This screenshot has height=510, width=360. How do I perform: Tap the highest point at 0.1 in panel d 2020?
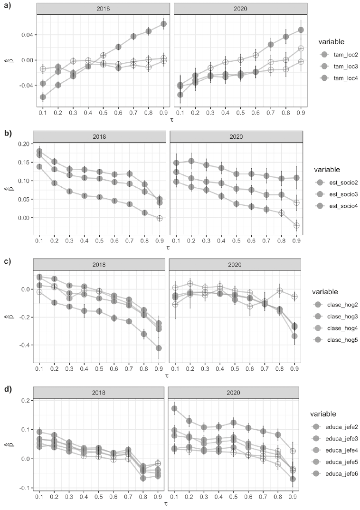[x=174, y=408]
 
